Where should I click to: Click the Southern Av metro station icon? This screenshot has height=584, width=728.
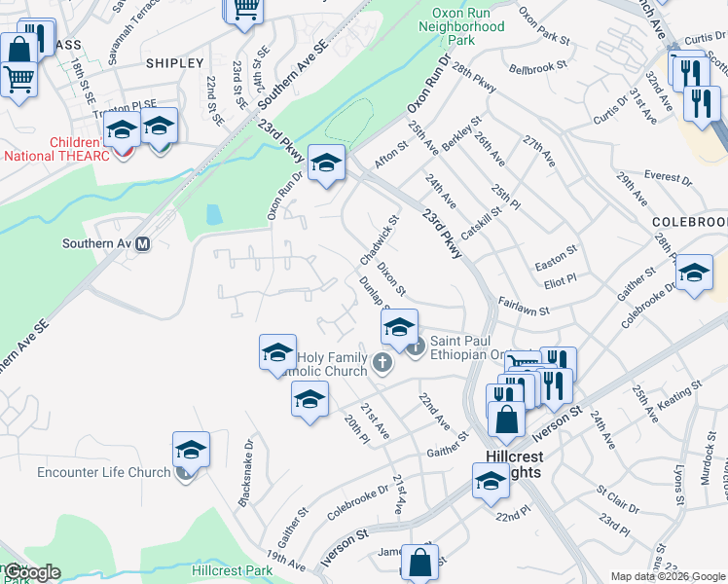pyautogui.click(x=143, y=244)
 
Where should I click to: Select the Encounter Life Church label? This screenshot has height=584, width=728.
pyautogui.click(x=103, y=473)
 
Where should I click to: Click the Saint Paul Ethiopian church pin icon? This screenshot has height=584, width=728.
pyautogui.click(x=416, y=347)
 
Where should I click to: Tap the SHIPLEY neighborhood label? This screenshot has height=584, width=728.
pyautogui.click(x=174, y=63)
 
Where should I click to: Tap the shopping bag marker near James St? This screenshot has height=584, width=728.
pyautogui.click(x=419, y=563)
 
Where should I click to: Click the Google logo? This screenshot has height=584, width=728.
pyautogui.click(x=32, y=572)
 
